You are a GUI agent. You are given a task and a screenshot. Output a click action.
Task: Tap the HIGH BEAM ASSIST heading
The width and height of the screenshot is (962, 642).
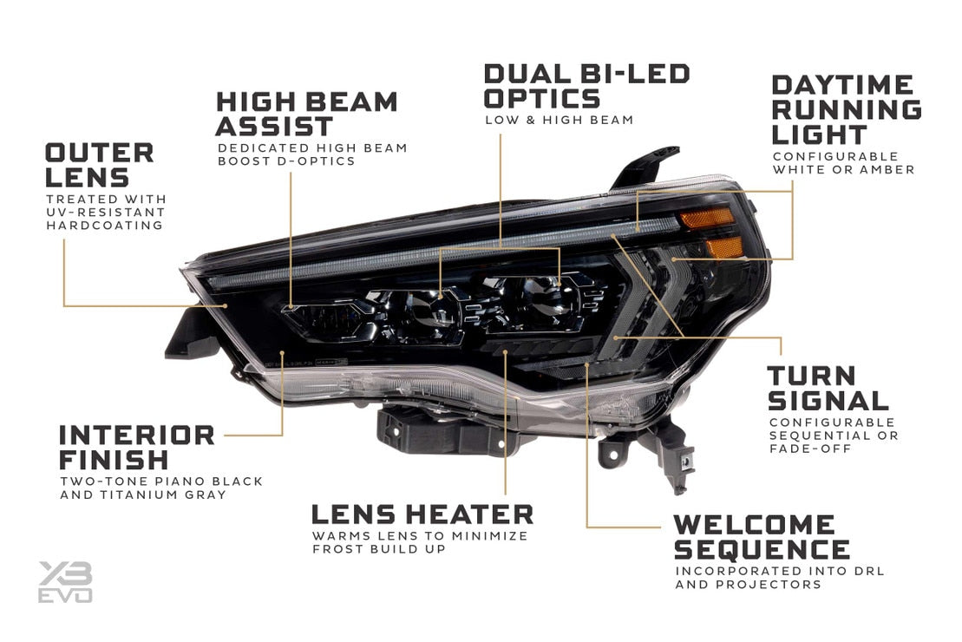pyautogui.click(x=306, y=114)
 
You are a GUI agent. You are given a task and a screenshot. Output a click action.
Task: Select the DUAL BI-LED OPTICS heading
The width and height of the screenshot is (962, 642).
pyautogui.click(x=586, y=85)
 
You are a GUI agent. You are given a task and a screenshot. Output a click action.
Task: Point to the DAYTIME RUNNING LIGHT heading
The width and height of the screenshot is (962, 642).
pyautogui.click(x=846, y=110)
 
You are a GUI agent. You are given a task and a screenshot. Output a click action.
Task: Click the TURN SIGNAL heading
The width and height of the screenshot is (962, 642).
pyautogui.click(x=828, y=388)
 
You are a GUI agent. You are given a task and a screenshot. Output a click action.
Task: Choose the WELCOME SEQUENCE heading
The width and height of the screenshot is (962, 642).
pyautogui.click(x=761, y=537)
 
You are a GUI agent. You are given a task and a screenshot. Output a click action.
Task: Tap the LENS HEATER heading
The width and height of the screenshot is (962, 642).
pyautogui.click(x=422, y=514)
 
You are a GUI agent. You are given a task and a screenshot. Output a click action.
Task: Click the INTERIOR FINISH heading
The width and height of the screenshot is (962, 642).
pyautogui.click(x=136, y=447)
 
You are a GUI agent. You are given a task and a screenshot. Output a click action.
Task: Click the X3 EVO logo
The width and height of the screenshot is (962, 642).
pyautogui.click(x=65, y=581)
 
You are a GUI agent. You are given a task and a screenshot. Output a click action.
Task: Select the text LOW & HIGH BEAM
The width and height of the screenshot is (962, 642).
pyautogui.click(x=559, y=120)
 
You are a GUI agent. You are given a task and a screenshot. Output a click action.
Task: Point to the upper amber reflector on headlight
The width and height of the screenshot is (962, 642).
pyautogui.click(x=707, y=218)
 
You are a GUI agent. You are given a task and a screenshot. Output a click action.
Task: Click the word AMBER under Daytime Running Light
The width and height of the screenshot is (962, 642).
pyautogui.click(x=887, y=170)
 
